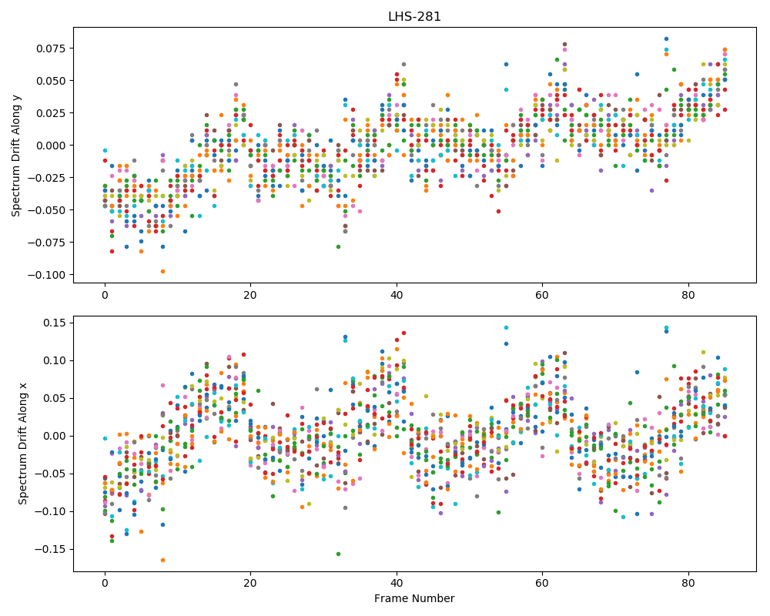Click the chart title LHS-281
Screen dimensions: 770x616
click(414, 17)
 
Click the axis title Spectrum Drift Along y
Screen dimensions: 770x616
click(16, 155)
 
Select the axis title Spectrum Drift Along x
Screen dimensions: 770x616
click(22, 444)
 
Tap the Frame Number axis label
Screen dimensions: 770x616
click(414, 598)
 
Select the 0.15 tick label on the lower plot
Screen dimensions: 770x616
click(56, 323)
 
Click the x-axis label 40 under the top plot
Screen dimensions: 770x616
click(397, 295)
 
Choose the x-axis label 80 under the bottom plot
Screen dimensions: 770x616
click(688, 583)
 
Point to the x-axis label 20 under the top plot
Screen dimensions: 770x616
click(250, 295)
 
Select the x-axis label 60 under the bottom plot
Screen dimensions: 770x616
click(542, 583)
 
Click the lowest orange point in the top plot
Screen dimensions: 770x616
click(163, 271)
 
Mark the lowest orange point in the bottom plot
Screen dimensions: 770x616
click(163, 560)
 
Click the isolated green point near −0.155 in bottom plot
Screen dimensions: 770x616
click(338, 554)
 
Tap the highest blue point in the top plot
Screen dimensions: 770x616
click(666, 38)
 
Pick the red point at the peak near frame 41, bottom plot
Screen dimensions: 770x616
click(403, 333)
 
